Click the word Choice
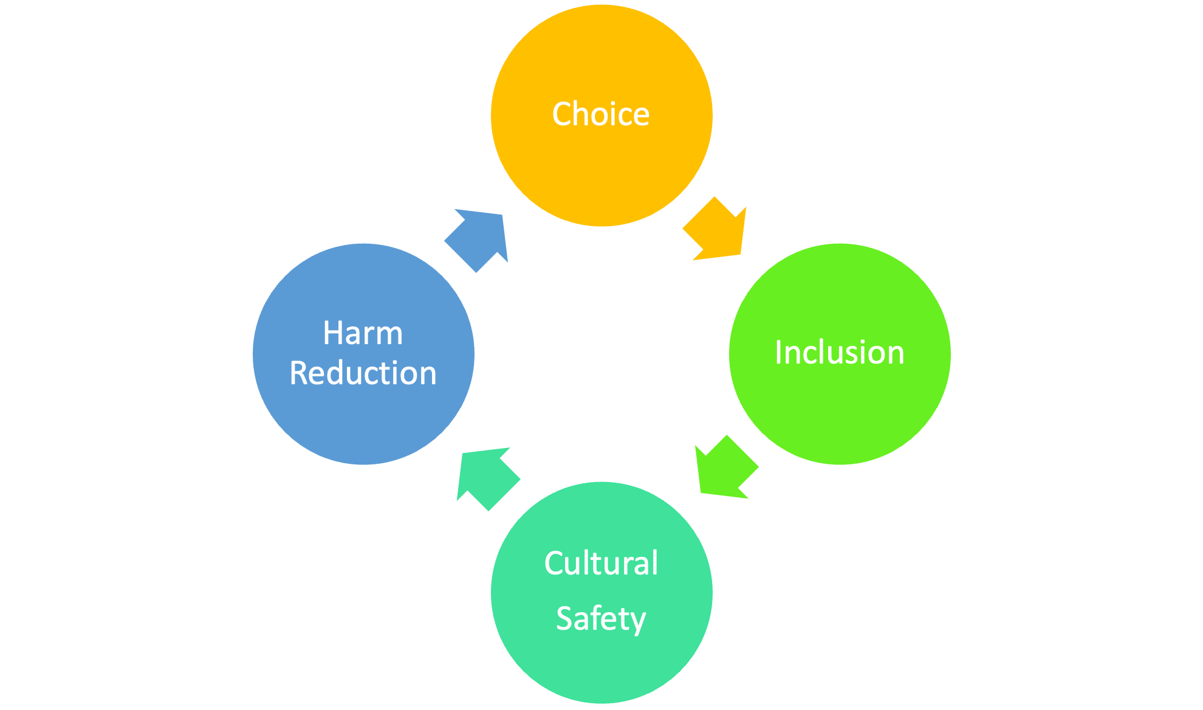[601, 114]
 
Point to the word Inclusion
[840, 353]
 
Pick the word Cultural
[601, 563]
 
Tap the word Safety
[601, 619]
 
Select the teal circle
[601, 669]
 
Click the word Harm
[363, 333]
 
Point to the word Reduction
[363, 373]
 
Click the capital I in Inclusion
[779, 353]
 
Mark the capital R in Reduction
[299, 373]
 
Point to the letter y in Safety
[636, 621]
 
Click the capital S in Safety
[564, 619]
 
